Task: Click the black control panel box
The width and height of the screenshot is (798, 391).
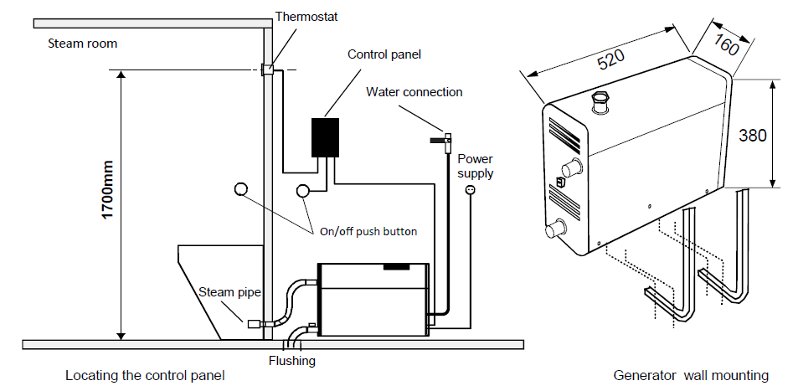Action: click(325, 137)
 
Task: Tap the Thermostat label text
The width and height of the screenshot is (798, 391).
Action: click(306, 17)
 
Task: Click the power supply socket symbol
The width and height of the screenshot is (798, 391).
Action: click(470, 190)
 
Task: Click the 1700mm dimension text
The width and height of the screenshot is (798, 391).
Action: click(107, 189)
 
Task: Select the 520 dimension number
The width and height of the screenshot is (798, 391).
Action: click(610, 60)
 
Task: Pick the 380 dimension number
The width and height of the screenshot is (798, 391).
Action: click(753, 136)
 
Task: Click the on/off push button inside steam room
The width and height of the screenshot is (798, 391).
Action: click(240, 189)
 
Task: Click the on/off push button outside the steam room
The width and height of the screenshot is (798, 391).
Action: click(303, 190)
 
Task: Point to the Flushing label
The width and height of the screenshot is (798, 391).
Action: click(292, 361)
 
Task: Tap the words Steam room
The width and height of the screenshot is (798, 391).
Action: click(82, 44)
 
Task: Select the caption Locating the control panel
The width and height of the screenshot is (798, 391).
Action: click(145, 376)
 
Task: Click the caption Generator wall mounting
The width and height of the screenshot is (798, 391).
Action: click(691, 376)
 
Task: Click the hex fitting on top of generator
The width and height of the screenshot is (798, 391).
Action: click(600, 100)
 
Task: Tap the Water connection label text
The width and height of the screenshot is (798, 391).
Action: click(414, 92)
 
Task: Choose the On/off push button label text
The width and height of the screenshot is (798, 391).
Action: click(368, 232)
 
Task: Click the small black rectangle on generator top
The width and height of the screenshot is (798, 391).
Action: click(396, 266)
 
